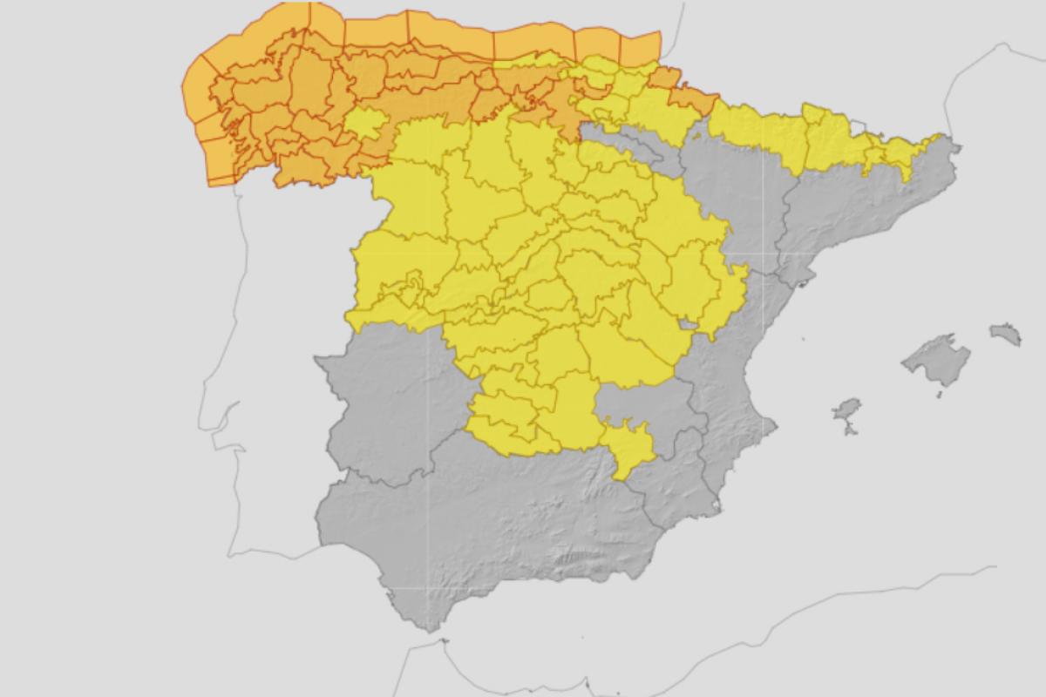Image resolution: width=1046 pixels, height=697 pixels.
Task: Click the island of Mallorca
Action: tap(936, 358)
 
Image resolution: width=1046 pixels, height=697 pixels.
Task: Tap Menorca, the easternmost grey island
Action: tap(1005, 333)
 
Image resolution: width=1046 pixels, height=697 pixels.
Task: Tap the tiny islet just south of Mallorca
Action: tap(941, 396)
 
